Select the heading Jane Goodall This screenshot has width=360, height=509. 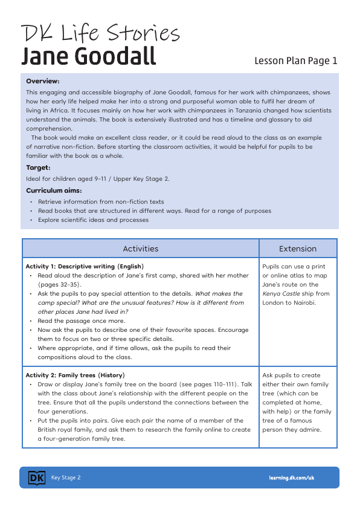pos(88,56)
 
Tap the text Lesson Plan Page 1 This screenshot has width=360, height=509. pos(295,60)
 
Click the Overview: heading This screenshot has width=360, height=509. pos(43,81)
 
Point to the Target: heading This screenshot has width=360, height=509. pos(38,167)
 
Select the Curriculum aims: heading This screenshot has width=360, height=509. pos(54,190)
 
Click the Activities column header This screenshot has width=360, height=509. pos(140,248)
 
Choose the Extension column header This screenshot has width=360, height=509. pos(297,248)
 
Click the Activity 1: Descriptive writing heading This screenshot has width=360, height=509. pos(85,266)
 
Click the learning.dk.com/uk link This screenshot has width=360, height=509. pos(292,478)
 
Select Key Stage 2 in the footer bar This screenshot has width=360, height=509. pos(66,478)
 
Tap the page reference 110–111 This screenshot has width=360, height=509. pos(223,384)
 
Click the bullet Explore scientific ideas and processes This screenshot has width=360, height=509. pos(93,220)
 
